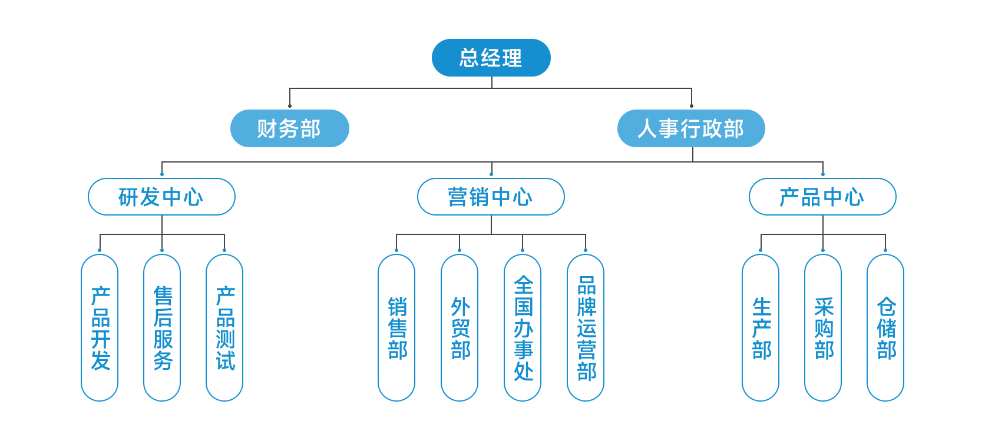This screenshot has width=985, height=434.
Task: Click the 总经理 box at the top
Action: (491, 58)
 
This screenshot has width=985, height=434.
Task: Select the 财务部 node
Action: (289, 128)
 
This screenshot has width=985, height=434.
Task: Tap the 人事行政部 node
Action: (691, 128)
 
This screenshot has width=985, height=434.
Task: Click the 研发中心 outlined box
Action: (161, 197)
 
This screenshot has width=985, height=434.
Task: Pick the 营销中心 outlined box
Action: (491, 197)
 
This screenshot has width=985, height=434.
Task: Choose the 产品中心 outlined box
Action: (822, 197)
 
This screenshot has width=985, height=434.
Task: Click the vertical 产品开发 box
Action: (100, 328)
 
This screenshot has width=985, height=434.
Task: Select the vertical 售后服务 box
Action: (162, 328)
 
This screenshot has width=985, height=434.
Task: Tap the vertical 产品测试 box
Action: (224, 328)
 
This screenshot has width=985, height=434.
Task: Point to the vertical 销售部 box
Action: (396, 328)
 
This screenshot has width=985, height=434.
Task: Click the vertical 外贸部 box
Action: (460, 328)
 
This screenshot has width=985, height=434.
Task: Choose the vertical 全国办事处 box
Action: (523, 328)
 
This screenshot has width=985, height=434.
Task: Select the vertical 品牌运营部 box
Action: (586, 328)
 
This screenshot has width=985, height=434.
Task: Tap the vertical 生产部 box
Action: (761, 328)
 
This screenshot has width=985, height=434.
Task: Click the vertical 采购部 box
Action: (823, 328)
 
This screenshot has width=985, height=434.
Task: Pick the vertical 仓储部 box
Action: (885, 328)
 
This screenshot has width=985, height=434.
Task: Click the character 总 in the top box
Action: (470, 58)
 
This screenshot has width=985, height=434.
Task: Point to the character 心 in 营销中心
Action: (522, 197)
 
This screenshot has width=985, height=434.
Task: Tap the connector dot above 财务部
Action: (290, 106)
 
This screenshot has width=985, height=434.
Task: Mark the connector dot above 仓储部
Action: (885, 250)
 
